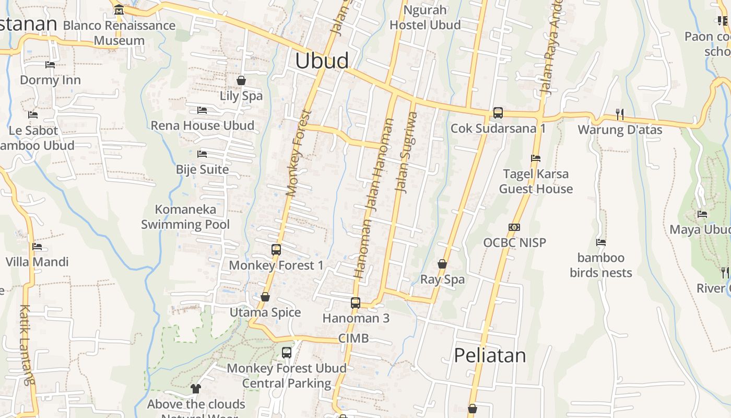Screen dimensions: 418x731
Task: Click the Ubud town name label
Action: click(x=322, y=61)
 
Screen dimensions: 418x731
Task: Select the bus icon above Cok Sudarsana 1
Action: click(x=498, y=112)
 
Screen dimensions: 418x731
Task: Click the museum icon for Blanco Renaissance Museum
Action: click(x=119, y=9)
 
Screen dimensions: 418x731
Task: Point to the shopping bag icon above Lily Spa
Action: click(x=241, y=80)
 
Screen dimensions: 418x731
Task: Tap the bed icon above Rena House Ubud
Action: click(x=202, y=110)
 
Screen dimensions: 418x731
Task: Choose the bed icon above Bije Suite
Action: click(x=202, y=154)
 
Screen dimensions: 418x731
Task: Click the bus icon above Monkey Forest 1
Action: click(x=276, y=250)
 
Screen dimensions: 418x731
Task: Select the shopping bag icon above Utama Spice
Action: click(x=265, y=297)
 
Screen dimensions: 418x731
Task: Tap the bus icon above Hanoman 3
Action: click(x=356, y=303)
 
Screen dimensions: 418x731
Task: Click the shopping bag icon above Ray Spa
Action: click(x=442, y=264)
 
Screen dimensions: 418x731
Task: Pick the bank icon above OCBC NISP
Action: click(x=514, y=227)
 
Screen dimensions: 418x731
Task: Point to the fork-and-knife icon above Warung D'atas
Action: click(x=620, y=114)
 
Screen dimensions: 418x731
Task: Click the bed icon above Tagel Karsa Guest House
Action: click(x=536, y=158)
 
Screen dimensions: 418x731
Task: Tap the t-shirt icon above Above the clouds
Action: click(x=196, y=389)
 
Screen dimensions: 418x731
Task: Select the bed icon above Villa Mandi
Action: click(x=37, y=247)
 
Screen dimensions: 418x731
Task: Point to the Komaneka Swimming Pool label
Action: click(x=185, y=217)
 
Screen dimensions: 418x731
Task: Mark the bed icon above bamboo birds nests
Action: click(x=601, y=242)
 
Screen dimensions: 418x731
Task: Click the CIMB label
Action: click(x=353, y=338)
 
